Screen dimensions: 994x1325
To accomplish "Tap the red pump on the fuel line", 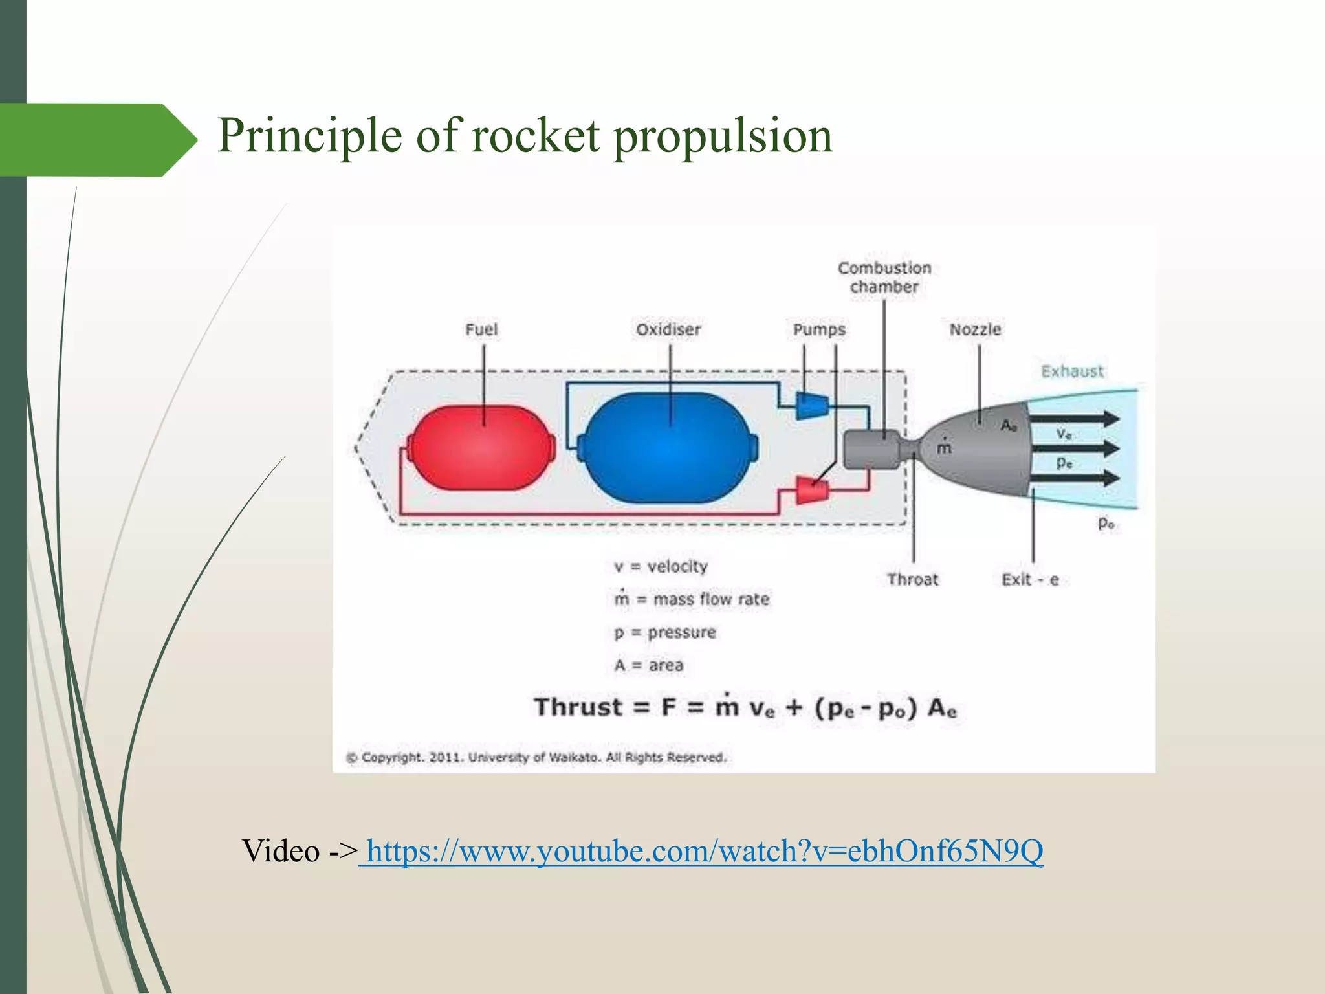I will pos(811,491).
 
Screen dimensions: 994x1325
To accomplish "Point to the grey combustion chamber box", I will pos(871,449).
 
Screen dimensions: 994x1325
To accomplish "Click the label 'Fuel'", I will pos(481,329).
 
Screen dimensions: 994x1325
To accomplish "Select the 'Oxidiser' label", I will pos(668,329).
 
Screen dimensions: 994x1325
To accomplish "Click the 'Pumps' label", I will pos(819,329).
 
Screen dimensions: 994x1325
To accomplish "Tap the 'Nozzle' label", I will pos(975,329).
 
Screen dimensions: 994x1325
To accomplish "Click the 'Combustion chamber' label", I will pos(884,277).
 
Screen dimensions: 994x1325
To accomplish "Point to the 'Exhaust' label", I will pos(1072,371).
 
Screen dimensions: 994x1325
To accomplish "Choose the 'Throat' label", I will pos(912,579).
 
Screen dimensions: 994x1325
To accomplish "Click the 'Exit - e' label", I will pos(1029,579).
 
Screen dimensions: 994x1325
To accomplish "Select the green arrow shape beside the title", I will pos(97,140).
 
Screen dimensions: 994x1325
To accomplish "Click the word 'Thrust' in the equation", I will pos(578,707).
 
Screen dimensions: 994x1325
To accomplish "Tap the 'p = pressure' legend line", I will pos(665,632).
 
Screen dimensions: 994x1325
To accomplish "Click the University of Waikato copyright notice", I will pos(537,757).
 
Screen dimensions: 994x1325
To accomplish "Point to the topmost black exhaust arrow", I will pos(1074,419).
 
